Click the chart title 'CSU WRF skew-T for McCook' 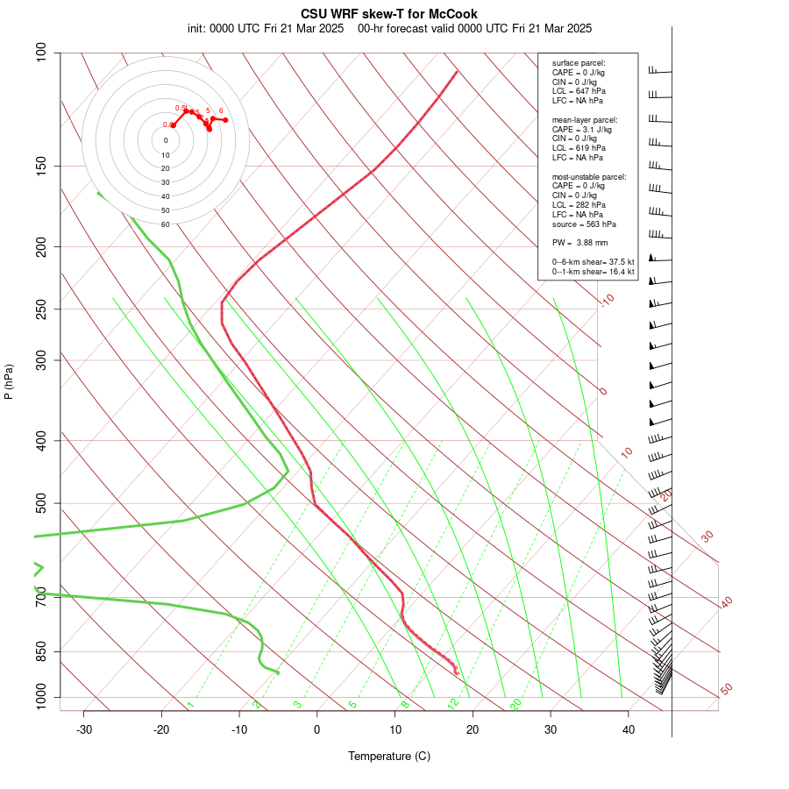click(389, 14)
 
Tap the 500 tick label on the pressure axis click(41, 503)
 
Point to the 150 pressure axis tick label click(41, 166)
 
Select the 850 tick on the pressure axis click(41, 651)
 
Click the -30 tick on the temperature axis click(84, 729)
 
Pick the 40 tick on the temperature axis click(629, 729)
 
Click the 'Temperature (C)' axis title click(389, 756)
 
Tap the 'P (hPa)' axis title click(9, 381)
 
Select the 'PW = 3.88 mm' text click(579, 242)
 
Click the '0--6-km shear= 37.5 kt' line click(593, 261)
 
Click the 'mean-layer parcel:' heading click(585, 119)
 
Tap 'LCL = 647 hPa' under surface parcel click(579, 91)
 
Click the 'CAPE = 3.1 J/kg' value click(581, 129)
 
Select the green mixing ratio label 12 click(453, 703)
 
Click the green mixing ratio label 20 click(516, 703)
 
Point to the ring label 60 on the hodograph click(166, 224)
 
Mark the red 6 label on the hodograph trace click(221, 110)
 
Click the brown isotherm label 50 click(726, 689)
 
